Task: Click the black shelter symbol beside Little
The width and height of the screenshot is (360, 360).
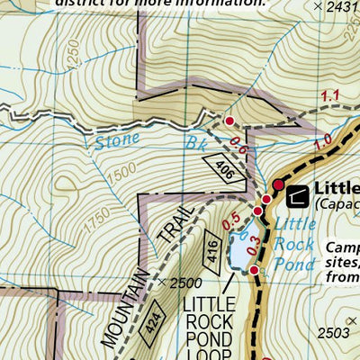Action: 296,191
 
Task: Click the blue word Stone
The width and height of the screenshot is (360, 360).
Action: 117,139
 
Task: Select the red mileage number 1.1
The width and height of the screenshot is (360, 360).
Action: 328,94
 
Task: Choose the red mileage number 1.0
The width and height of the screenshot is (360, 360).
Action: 323,139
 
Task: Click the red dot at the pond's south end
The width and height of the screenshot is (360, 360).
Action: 254,270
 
